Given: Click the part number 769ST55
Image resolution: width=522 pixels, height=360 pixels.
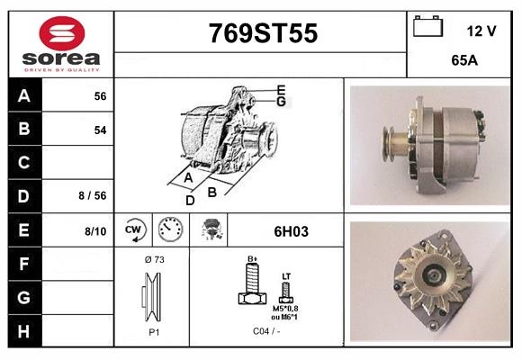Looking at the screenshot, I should coord(263,34).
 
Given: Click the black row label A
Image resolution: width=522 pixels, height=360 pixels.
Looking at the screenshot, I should coord(24,95).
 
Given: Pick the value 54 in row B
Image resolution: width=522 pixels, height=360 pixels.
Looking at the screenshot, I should coord(100,130).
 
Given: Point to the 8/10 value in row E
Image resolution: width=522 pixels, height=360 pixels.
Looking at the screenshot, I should coord(95,231).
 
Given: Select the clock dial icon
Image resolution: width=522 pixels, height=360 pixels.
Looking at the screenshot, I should coord(170,230).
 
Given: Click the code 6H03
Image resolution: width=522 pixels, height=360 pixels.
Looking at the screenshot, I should coord(291,231).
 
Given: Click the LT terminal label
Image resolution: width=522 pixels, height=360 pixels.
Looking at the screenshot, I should coord(286,276).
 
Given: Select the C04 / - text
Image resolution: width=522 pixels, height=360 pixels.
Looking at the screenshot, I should coord(265,332).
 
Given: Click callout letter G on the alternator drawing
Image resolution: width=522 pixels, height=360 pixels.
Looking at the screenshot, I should coord(281,102).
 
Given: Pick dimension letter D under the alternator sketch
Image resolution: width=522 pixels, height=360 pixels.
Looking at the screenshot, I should coord(190,200).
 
